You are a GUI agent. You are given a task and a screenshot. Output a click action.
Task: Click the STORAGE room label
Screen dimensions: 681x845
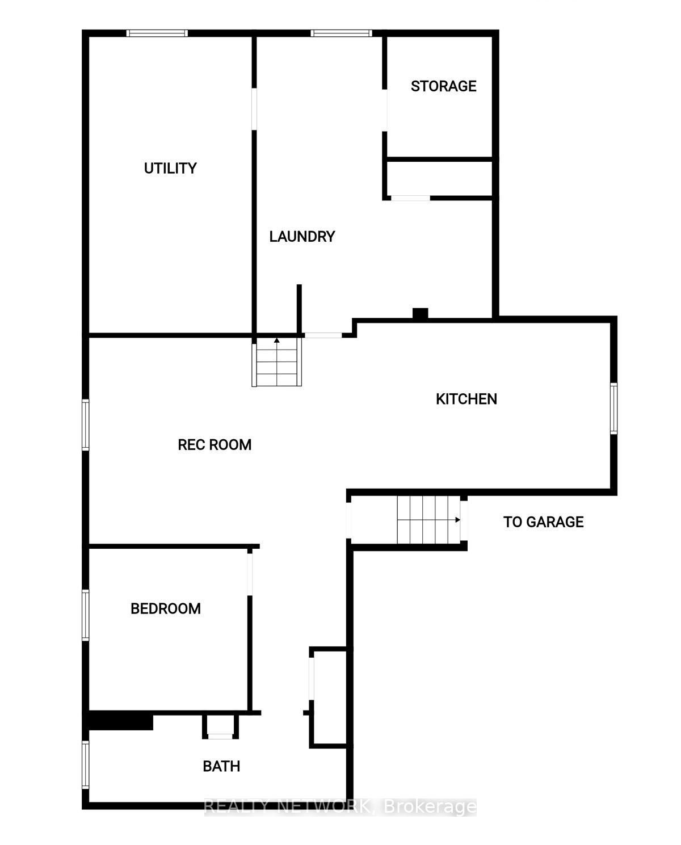[x=443, y=86]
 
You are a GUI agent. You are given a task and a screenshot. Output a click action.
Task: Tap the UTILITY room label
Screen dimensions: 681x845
[x=170, y=168]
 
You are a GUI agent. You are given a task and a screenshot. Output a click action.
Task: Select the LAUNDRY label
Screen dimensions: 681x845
[x=302, y=237]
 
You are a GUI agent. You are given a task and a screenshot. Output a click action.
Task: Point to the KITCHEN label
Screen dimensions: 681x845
[x=466, y=399]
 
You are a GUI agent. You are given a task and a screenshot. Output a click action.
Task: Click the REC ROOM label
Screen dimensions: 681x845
[x=215, y=445]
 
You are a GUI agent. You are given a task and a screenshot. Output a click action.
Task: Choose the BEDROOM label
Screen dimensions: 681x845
[x=165, y=609]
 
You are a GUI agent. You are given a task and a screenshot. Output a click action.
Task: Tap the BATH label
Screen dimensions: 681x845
[x=221, y=766]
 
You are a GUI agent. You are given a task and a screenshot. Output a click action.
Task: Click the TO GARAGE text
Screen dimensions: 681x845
[x=543, y=522]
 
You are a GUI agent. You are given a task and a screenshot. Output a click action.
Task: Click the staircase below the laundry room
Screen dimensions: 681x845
[x=277, y=362]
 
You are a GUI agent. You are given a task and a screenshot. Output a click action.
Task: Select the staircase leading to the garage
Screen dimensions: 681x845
[x=428, y=520]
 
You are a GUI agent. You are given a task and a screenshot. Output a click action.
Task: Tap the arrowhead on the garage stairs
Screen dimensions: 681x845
[x=457, y=520]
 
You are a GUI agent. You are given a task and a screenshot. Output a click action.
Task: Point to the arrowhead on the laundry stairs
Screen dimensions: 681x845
[x=277, y=340]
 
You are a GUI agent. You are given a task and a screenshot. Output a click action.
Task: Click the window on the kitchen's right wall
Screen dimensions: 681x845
[x=613, y=409]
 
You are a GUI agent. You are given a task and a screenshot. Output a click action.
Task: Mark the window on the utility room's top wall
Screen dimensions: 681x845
[x=157, y=33]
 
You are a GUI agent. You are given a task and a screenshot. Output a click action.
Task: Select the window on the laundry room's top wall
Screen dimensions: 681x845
[x=341, y=33]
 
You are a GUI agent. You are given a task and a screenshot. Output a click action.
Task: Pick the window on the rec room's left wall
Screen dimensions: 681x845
[x=85, y=425]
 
